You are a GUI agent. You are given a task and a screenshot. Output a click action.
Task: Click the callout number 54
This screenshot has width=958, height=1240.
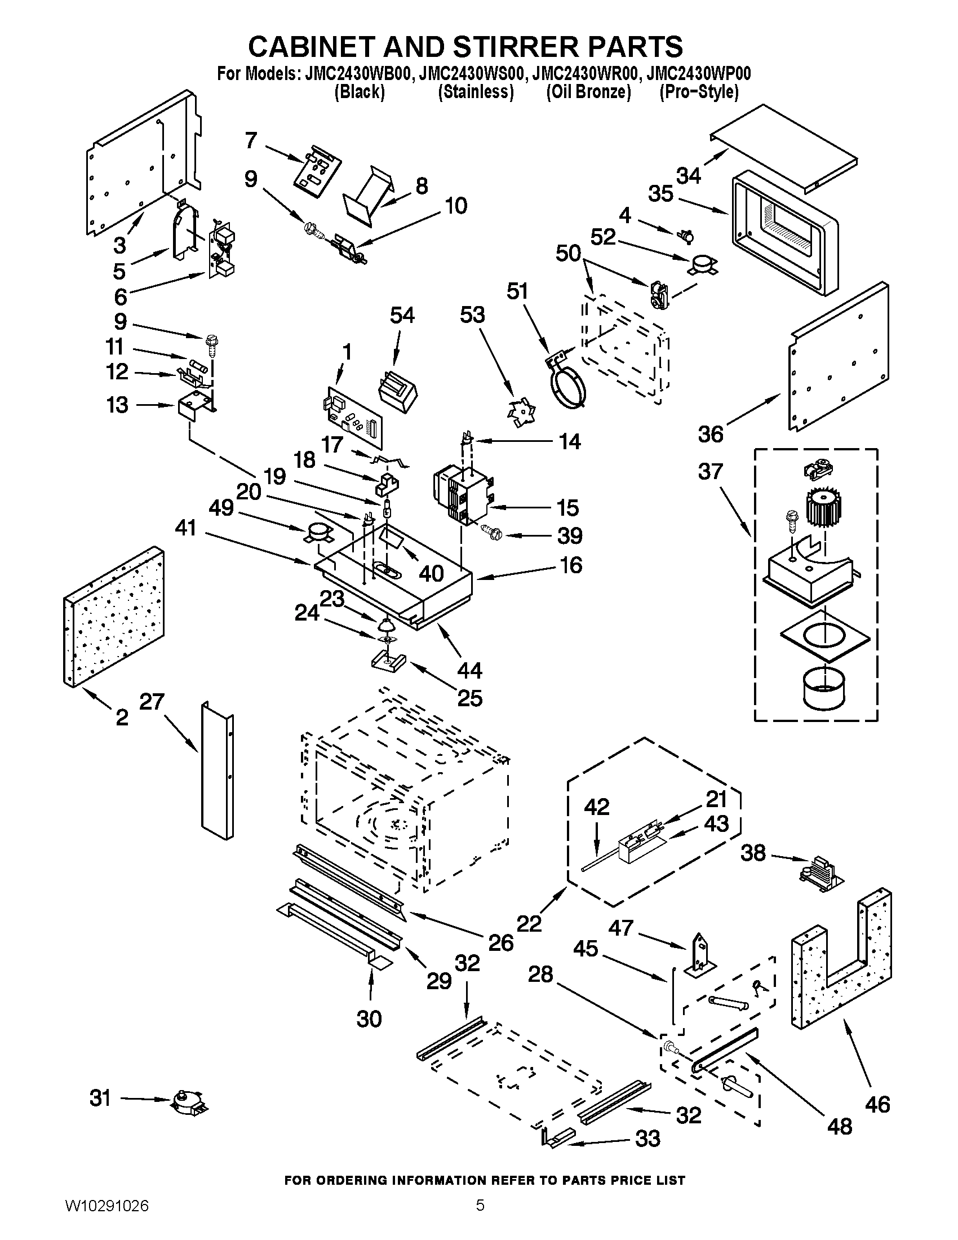[x=402, y=315]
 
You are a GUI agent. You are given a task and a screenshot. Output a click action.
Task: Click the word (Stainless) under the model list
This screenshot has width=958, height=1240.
[x=476, y=92]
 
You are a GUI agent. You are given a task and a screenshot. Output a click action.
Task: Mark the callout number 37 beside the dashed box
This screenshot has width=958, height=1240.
[x=710, y=471]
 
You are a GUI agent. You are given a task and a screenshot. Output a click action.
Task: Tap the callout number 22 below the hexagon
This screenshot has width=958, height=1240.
[x=529, y=924]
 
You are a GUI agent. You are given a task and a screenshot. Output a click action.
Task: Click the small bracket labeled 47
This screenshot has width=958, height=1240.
[x=703, y=955]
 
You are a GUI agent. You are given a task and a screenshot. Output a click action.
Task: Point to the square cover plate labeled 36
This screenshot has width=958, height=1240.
[x=839, y=356]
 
